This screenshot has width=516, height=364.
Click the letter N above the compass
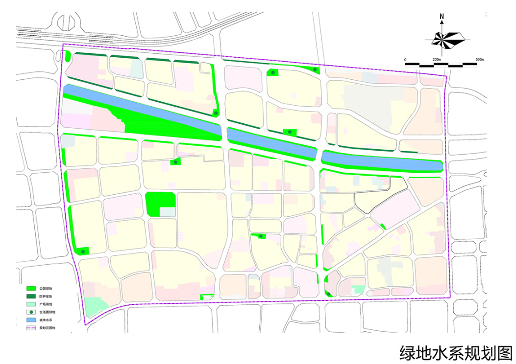442,17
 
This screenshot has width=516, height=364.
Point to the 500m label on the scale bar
479,60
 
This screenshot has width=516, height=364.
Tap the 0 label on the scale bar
405,60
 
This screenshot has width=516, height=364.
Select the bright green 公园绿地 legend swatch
32,288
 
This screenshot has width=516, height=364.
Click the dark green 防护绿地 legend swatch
32,296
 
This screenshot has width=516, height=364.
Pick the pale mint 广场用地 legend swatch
32,304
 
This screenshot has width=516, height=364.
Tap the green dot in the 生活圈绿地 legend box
32,312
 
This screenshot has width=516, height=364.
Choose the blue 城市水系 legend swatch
32,319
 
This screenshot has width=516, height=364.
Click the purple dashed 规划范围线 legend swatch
32,327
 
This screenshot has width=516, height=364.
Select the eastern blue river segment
382,161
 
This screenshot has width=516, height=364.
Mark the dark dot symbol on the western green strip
83,251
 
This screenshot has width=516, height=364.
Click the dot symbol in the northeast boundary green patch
315,70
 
